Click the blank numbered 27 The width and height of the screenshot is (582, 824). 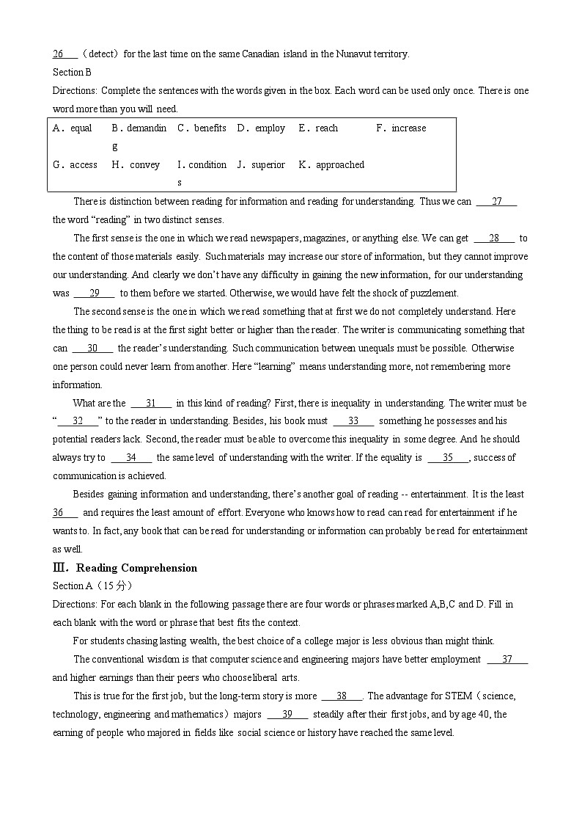pos(496,202)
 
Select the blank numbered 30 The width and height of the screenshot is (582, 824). pos(92,349)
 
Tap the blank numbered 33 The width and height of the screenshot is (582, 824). pos(353,421)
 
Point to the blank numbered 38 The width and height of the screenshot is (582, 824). pos(342,696)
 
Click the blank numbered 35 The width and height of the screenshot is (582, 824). pos(448,458)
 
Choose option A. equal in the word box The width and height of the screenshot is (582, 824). pos(73,128)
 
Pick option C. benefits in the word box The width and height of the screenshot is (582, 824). pos(202,128)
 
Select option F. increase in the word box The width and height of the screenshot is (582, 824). pos(400,128)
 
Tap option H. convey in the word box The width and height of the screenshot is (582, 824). pos(136,165)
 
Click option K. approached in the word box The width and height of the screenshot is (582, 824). pos(331,165)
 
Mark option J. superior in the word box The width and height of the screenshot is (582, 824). pos(261,165)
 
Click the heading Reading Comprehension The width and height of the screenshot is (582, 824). pos(136,568)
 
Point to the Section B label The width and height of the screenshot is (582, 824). pos(72,72)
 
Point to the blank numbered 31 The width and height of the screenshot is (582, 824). pos(151,404)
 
